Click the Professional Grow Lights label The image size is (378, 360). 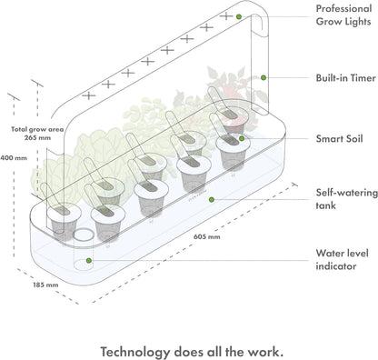tap(343, 16)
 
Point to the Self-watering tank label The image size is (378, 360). tap(344, 198)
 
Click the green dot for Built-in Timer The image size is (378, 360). tap(264, 78)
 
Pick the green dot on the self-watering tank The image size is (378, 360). tap(212, 199)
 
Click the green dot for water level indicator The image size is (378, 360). tap(88, 259)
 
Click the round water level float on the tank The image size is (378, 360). tap(80, 235)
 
